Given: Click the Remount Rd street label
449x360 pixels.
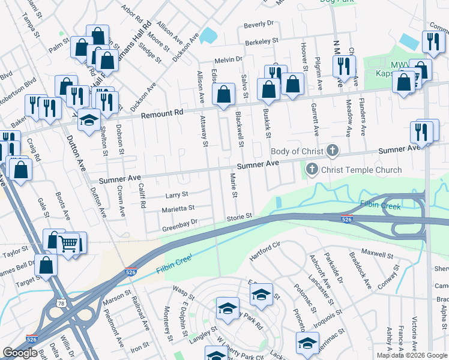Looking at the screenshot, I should (160, 112).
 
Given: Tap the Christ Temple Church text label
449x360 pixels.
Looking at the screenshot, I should (361, 170).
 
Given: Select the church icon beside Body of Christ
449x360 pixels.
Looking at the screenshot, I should (333, 151).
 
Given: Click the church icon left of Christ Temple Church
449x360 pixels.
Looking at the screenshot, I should (312, 170).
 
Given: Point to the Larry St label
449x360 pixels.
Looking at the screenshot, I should (177, 194).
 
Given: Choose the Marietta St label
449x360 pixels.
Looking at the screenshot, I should (178, 209).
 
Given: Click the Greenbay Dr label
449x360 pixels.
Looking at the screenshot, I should (180, 229).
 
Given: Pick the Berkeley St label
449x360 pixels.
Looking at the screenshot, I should (262, 41).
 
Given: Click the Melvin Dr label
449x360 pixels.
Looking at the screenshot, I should (229, 59).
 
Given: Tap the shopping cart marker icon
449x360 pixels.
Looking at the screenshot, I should (70, 242).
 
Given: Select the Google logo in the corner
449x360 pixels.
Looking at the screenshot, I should (20, 353).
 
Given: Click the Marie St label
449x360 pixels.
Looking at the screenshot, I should (234, 186).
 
